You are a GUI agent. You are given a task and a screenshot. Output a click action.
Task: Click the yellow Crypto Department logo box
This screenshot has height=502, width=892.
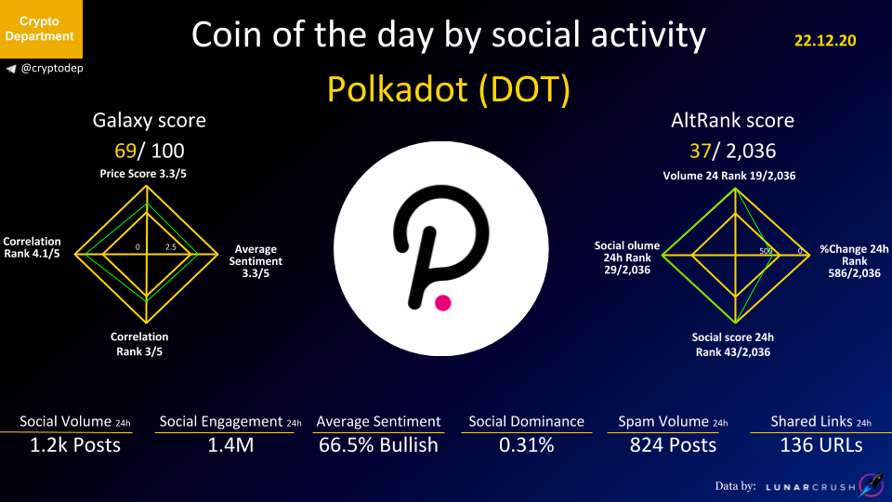pyautogui.click(x=41, y=29)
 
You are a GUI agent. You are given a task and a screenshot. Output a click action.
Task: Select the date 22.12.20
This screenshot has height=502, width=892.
pyautogui.click(x=825, y=40)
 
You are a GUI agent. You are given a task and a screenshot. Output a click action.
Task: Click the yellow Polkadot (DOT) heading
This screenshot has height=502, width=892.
pyautogui.click(x=448, y=89)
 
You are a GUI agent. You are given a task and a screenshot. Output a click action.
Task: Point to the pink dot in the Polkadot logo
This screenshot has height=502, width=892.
pyautogui.click(x=443, y=303)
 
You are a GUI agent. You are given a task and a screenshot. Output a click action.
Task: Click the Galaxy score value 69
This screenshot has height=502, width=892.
pyautogui.click(x=125, y=151)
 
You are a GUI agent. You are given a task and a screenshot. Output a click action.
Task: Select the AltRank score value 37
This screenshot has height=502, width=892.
pyautogui.click(x=701, y=151)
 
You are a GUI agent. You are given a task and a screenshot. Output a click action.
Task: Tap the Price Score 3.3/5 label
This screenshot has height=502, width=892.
pyautogui.click(x=143, y=174)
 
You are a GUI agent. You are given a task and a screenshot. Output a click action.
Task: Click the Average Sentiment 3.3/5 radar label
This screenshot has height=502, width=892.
pyautogui.click(x=256, y=261)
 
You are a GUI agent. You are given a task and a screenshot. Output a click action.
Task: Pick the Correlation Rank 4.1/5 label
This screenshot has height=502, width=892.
pyautogui.click(x=32, y=247)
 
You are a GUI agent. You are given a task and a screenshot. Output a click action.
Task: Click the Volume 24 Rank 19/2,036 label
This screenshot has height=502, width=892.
pyautogui.click(x=729, y=176)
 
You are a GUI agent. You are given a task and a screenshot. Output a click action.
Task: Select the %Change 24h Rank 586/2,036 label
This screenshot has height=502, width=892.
pyautogui.click(x=854, y=261)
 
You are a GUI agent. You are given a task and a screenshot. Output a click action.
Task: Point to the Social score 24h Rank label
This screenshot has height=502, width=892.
pyautogui.click(x=733, y=344)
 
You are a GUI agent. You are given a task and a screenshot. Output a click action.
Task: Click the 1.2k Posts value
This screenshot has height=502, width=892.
pyautogui.click(x=75, y=445)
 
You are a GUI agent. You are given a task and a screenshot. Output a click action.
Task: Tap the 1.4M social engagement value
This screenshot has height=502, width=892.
pyautogui.click(x=230, y=445)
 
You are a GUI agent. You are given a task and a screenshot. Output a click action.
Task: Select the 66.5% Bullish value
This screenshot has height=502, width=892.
pyautogui.click(x=378, y=445)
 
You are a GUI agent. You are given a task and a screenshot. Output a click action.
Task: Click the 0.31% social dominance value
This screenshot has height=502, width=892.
pyautogui.click(x=526, y=445)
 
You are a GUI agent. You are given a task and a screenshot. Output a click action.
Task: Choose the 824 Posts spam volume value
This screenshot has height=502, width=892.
pyautogui.click(x=673, y=445)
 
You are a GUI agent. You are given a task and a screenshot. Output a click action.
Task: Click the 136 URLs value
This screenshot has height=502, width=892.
pyautogui.click(x=820, y=445)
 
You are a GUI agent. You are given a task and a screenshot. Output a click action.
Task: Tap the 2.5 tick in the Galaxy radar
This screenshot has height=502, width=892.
pyautogui.click(x=171, y=247)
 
